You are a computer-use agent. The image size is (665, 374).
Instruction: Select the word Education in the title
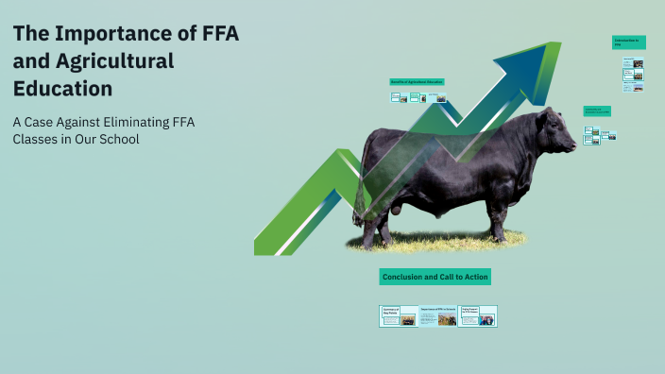pos(62,89)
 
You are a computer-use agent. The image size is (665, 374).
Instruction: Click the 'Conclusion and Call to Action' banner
pos(435,277)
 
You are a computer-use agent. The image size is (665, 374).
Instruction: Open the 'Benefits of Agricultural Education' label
pos(417,82)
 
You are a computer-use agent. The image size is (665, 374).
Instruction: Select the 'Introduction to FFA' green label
pos(628,42)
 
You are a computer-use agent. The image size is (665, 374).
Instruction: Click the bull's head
pos(553,138)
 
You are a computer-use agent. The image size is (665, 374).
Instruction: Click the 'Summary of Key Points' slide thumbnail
pos(398,316)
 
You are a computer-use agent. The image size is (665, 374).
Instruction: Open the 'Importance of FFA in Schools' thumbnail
pos(438,316)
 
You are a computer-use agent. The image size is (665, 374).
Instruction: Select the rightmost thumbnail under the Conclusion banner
pos(477,316)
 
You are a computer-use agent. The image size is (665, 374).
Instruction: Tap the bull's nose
pos(571,146)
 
